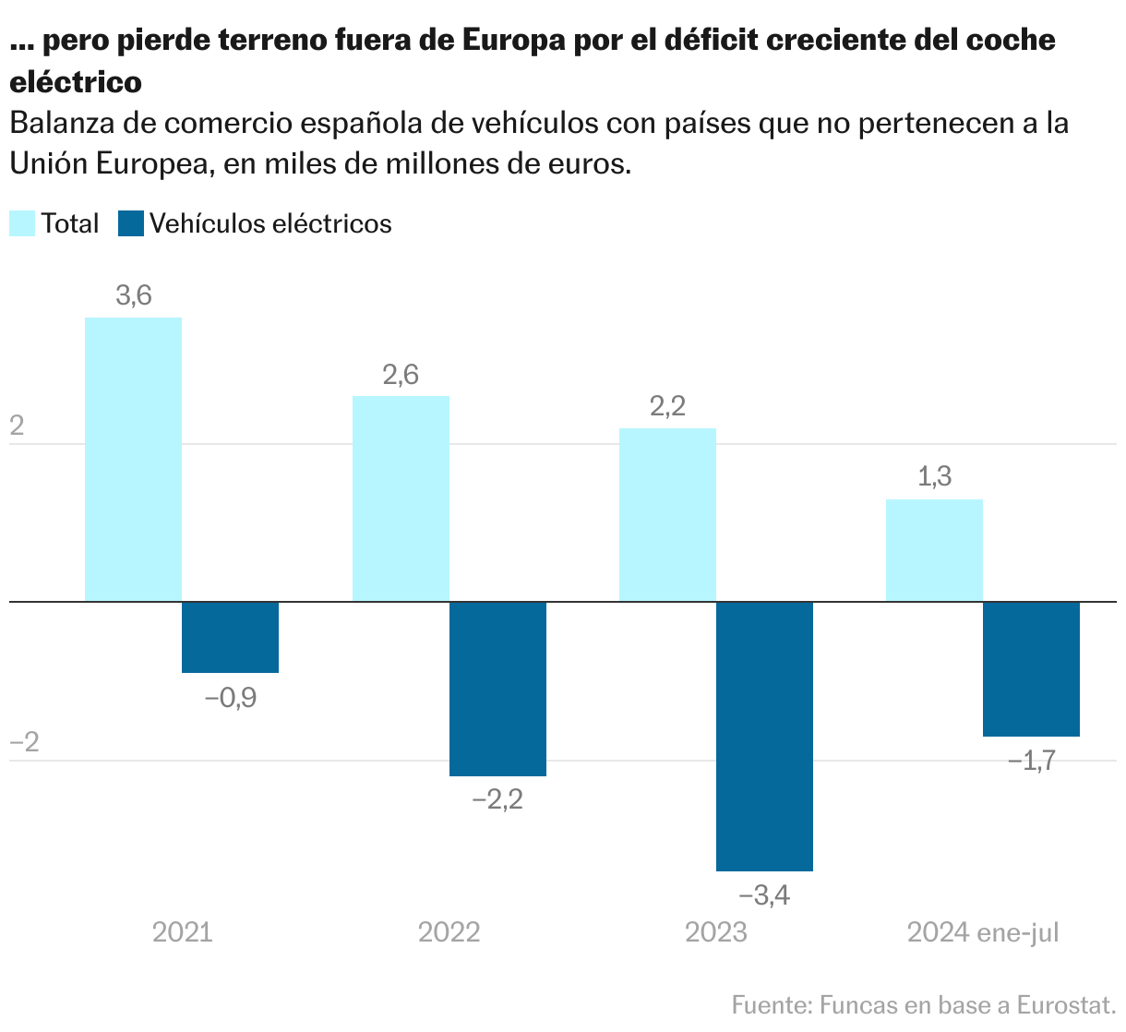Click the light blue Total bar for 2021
point(133,459)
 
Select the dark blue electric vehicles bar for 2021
point(230,637)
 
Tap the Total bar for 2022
point(401,498)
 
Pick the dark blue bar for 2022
point(497,689)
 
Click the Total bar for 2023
point(667,514)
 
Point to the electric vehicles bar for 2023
point(764,736)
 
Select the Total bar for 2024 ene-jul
point(934,550)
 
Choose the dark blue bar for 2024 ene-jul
point(1031,669)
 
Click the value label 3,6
point(133,296)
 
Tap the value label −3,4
point(764,894)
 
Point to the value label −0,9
point(230,698)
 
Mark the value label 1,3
point(934,477)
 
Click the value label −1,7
point(1031,762)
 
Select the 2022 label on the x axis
point(449,932)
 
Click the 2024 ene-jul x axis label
point(983,932)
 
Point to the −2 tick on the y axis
point(24,742)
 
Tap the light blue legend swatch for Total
point(22,223)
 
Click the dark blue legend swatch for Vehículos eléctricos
point(131,223)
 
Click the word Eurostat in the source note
point(1066,1004)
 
